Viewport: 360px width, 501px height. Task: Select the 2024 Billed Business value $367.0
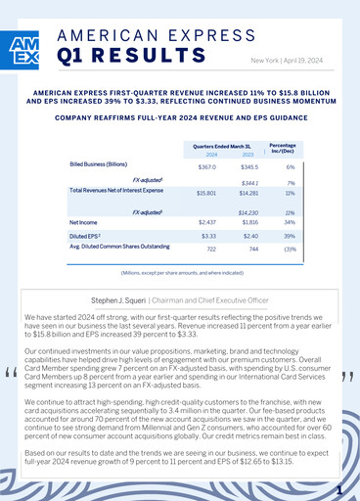[206, 168]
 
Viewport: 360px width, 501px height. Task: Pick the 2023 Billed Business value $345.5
[252, 168]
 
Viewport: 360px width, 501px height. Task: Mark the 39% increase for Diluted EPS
[290, 236]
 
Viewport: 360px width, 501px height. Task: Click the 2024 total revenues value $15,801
[206, 193]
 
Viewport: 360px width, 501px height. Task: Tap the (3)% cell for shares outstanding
[290, 249]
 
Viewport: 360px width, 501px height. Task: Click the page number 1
[337, 488]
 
